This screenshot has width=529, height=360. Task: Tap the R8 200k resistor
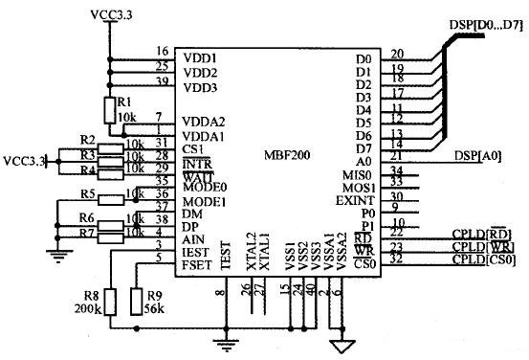coord(109,302)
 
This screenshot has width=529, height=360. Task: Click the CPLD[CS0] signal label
coord(484,259)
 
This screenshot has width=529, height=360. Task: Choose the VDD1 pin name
coord(200,57)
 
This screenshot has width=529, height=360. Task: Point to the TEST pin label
coord(227,254)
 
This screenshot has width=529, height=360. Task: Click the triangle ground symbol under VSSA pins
coord(337,345)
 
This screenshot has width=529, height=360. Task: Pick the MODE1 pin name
coord(204,203)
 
